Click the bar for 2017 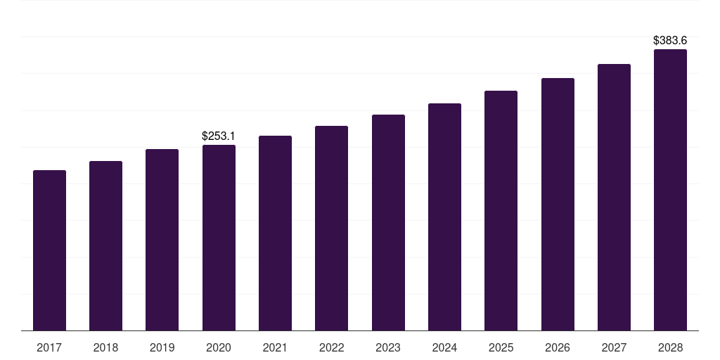(49, 250)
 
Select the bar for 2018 (105, 246)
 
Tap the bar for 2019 (162, 240)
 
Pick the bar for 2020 (219, 238)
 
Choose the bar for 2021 (275, 233)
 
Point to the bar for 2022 (331, 229)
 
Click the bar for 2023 (388, 223)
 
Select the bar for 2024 (444, 217)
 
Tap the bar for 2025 (501, 211)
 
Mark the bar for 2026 (558, 205)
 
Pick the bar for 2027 (614, 198)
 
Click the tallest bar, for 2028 (670, 190)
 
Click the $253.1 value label (219, 136)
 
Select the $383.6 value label (670, 41)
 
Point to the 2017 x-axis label (49, 347)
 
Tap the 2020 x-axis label (219, 347)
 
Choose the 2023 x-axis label (388, 347)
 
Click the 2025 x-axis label (501, 347)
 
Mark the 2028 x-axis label (670, 347)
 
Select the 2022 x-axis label (331, 347)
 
